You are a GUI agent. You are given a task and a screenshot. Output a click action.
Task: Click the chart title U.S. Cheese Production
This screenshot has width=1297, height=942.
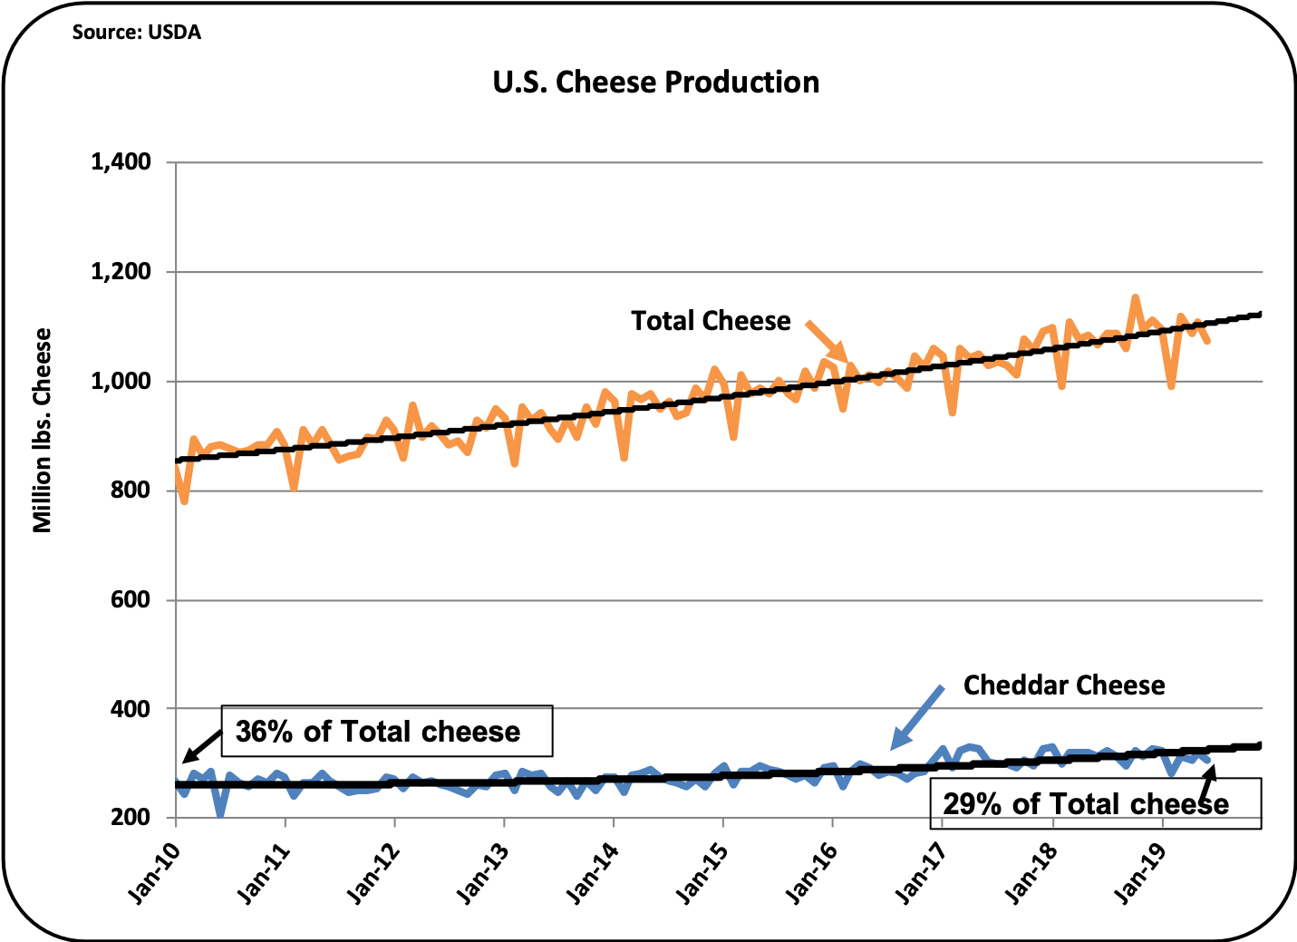pyautogui.click(x=655, y=83)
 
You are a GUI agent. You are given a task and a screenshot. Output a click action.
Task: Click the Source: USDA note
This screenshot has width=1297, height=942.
pyautogui.click(x=136, y=33)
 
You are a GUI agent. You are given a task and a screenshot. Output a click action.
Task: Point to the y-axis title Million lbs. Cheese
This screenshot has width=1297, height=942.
pyautogui.click(x=43, y=430)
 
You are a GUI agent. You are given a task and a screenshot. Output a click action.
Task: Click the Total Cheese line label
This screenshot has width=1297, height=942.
pyautogui.click(x=711, y=321)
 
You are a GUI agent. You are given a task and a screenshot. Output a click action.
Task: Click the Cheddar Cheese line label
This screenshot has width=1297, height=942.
pyautogui.click(x=1063, y=685)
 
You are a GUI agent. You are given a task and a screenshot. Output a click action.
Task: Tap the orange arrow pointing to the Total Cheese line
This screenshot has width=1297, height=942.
pyautogui.click(x=827, y=342)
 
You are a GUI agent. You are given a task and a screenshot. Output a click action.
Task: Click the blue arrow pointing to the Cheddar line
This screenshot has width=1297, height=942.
pyautogui.click(x=915, y=716)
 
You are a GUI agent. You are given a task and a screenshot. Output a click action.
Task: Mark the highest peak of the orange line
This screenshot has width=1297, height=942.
pyautogui.click(x=1135, y=296)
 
